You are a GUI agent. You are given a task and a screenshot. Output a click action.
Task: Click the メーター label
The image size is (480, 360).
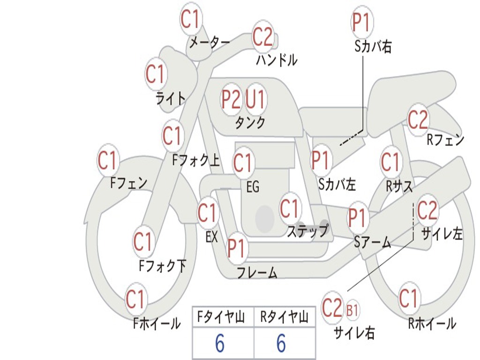[x=210, y=42]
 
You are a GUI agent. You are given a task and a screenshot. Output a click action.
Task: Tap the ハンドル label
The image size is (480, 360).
[x=277, y=60]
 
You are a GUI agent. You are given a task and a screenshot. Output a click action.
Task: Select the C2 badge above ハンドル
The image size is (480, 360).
[x=262, y=37]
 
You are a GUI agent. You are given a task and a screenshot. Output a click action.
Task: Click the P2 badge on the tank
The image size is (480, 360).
[x=231, y=99]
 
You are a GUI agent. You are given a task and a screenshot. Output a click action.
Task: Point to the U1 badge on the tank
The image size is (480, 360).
[x=255, y=99]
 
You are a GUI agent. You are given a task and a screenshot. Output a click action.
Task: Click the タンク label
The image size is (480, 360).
[x=250, y=122]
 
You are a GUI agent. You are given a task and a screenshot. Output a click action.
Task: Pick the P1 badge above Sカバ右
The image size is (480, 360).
[x=362, y=22]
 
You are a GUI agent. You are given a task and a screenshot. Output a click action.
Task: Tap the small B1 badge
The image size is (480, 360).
[x=352, y=310]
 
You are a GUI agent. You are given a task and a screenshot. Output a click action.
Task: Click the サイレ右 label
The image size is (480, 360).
[x=354, y=333]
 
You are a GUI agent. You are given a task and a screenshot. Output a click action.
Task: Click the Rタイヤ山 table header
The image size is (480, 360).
[x=284, y=317]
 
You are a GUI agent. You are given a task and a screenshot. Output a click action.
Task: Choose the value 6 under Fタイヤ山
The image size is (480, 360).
[x=219, y=343]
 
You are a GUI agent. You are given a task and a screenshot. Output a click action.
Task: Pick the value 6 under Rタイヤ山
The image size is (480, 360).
[x=281, y=343]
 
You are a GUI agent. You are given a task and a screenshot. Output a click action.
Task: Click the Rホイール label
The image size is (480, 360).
[x=432, y=323]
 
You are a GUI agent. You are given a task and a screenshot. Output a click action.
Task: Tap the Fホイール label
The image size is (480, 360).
[x=157, y=323]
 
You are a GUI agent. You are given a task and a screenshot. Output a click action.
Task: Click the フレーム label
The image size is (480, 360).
[x=257, y=272]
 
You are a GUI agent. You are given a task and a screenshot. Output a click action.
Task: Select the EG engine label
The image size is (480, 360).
[x=253, y=187]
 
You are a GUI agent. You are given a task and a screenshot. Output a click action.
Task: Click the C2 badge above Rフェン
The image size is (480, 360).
[x=418, y=119]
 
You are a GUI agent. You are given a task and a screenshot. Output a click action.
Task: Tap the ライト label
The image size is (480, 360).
[x=171, y=98]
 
